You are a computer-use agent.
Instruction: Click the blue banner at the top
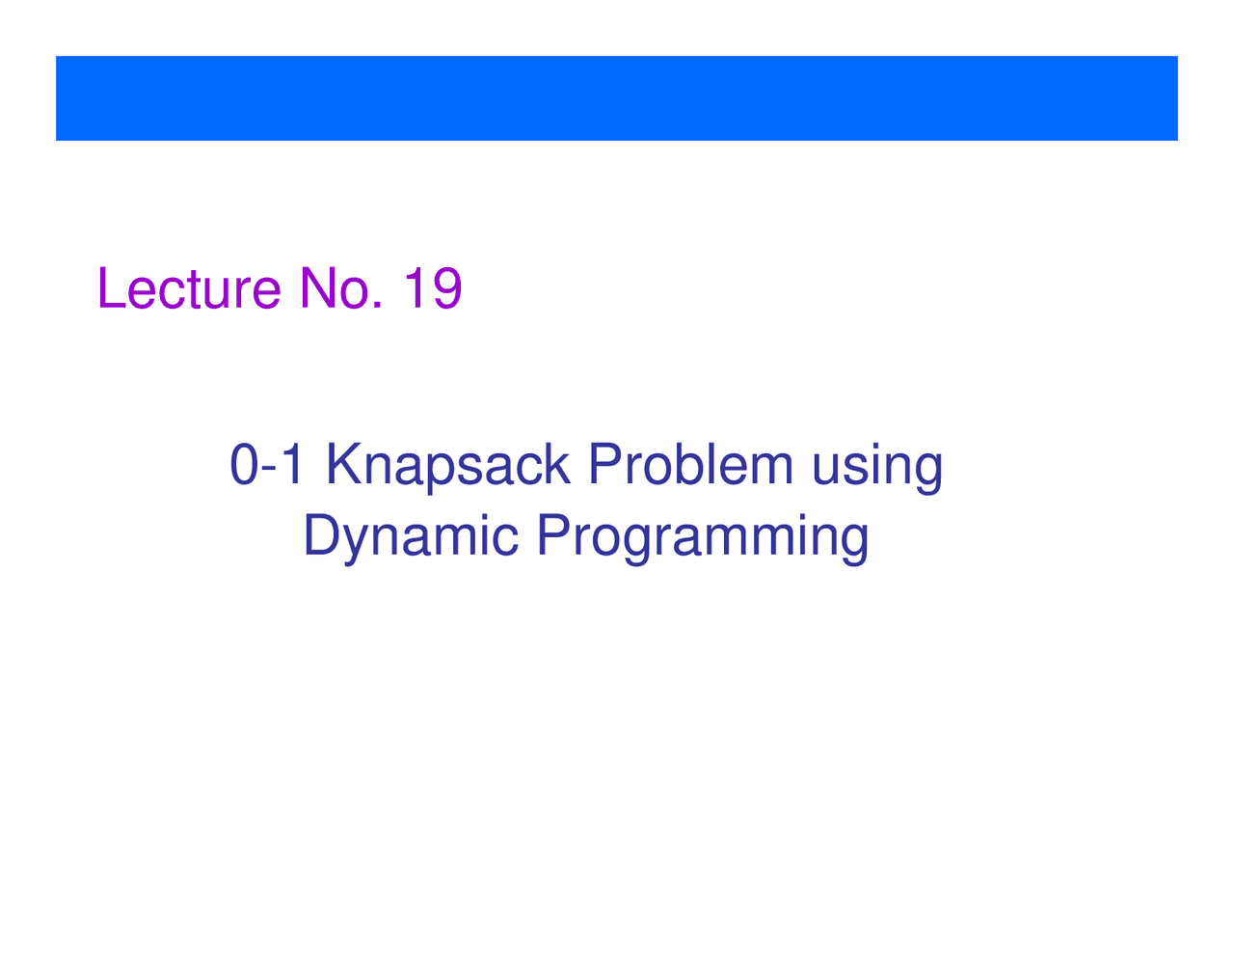(617, 98)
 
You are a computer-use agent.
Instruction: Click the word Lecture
(190, 288)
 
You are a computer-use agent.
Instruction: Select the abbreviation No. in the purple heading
(340, 288)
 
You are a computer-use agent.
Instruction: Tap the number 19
(433, 288)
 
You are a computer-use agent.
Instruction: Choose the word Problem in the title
(690, 464)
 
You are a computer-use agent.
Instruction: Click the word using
(878, 468)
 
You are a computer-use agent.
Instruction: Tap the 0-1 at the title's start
(266, 465)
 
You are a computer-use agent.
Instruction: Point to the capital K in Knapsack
(345, 464)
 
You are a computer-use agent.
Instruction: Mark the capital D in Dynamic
(323, 534)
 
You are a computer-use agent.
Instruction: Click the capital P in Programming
(554, 534)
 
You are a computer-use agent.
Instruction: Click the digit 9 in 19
(446, 288)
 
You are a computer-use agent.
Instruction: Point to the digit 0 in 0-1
(245, 465)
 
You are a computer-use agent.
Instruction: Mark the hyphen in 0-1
(270, 471)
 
